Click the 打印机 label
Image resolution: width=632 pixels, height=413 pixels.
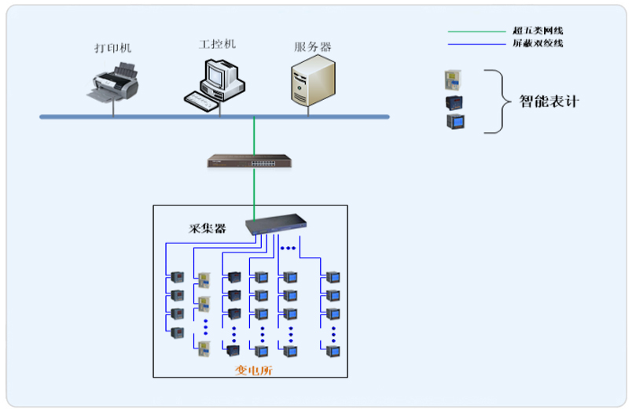tap(112, 49)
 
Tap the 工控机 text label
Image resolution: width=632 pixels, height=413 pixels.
tap(217, 44)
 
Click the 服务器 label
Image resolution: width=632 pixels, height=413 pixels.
tap(312, 47)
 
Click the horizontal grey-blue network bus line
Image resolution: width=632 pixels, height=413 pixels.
tap(157, 116)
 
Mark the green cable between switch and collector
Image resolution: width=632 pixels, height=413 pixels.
tap(254, 193)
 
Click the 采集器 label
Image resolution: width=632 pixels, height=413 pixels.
tap(208, 229)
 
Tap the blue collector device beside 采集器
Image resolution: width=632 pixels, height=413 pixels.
tap(274, 226)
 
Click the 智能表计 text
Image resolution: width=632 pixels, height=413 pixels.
tap(549, 101)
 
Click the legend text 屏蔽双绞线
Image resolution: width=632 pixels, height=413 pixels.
tap(538, 43)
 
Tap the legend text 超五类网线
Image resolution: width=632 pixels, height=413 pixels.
tap(538, 31)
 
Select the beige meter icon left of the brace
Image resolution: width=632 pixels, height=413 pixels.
tap(454, 79)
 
